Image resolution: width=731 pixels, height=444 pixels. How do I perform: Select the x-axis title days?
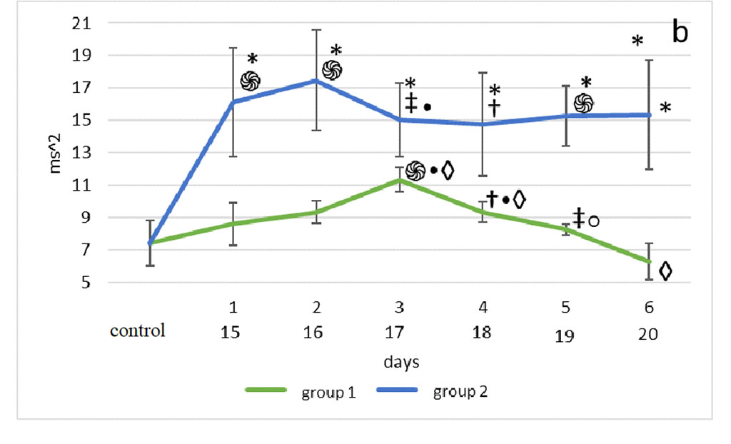click(400, 362)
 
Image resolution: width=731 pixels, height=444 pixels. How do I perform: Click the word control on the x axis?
click(137, 331)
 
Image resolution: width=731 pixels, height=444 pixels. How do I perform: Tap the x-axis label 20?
click(647, 335)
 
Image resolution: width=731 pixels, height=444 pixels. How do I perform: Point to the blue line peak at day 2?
click(316, 81)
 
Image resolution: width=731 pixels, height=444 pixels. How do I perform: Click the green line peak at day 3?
click(399, 180)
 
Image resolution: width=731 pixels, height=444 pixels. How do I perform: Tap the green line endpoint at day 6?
click(649, 262)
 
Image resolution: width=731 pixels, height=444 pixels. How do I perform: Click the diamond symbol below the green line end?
click(665, 271)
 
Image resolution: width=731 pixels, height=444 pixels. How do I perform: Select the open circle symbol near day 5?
click(593, 221)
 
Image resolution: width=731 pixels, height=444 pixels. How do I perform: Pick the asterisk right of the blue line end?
click(665, 109)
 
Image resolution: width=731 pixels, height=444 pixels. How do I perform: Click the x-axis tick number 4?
click(483, 308)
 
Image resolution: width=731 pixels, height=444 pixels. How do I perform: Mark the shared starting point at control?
click(150, 243)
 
